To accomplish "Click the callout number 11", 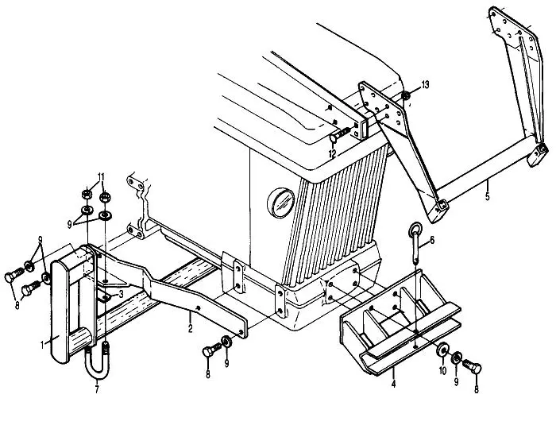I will coord(101,176).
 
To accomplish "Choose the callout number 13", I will coord(425,85).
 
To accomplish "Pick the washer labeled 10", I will coord(441,350).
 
